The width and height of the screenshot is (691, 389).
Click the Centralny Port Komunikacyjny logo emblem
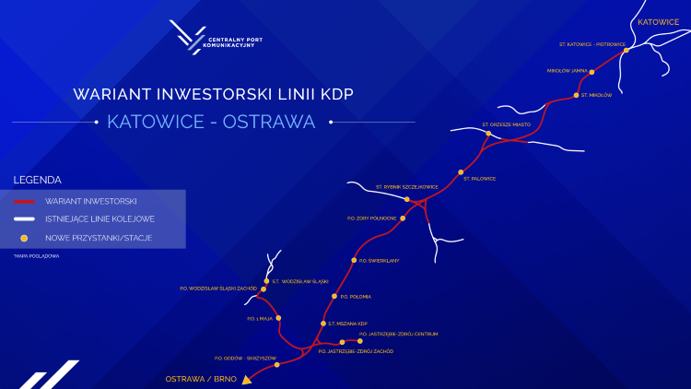[x=190, y=37]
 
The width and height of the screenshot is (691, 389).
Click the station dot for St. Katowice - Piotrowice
[x=626, y=51]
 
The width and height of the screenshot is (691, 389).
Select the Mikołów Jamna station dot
[x=591, y=71]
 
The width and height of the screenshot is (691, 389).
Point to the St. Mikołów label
[x=596, y=95]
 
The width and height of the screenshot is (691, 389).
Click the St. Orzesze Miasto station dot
[x=488, y=134]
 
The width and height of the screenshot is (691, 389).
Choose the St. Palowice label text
[x=479, y=178]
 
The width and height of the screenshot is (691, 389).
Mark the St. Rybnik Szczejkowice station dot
[x=407, y=199]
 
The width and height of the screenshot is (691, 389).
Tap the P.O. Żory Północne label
[x=371, y=218]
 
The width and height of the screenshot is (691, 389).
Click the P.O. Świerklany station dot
[x=354, y=260]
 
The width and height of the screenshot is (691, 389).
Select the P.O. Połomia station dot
[x=334, y=296]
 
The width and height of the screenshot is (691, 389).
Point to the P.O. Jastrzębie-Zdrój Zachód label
[x=356, y=351]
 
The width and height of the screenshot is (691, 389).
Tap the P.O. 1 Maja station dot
[x=279, y=318]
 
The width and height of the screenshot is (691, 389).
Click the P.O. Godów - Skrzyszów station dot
[x=276, y=365]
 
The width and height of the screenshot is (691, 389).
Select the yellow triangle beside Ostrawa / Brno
[x=247, y=379]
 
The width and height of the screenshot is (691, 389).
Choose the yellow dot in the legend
[x=25, y=238]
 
